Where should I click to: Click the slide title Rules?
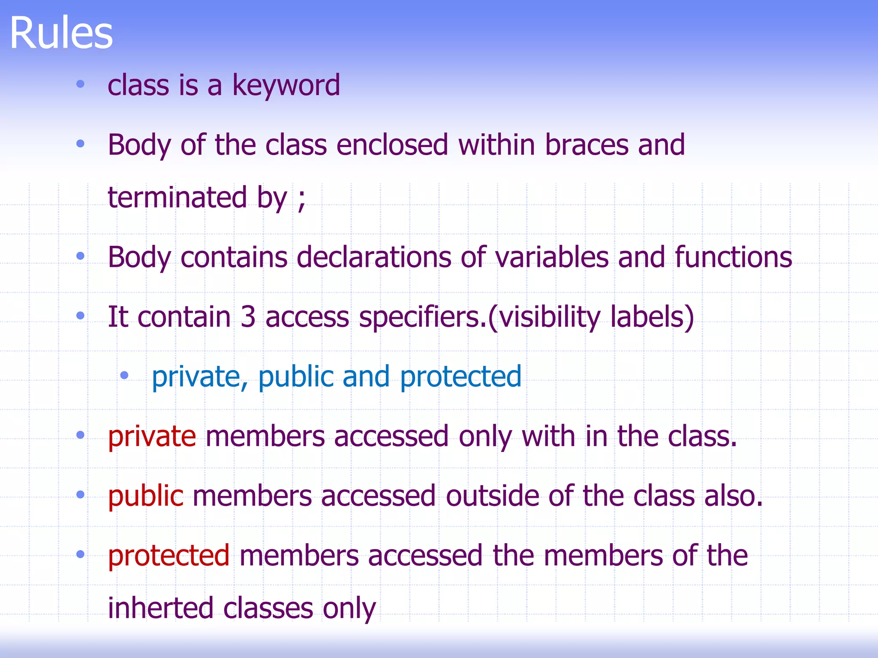coord(61,33)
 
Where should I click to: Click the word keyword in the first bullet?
coord(286,85)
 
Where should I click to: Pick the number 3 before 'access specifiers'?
coord(248,317)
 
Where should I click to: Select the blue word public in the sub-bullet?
coord(296,377)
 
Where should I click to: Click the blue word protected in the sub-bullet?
coord(460,377)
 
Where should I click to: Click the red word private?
coord(152,437)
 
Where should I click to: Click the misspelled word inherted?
coord(160,608)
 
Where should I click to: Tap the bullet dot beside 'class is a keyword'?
coord(80,84)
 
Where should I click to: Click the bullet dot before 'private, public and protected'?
coord(124,376)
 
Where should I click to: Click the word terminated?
coord(177,198)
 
